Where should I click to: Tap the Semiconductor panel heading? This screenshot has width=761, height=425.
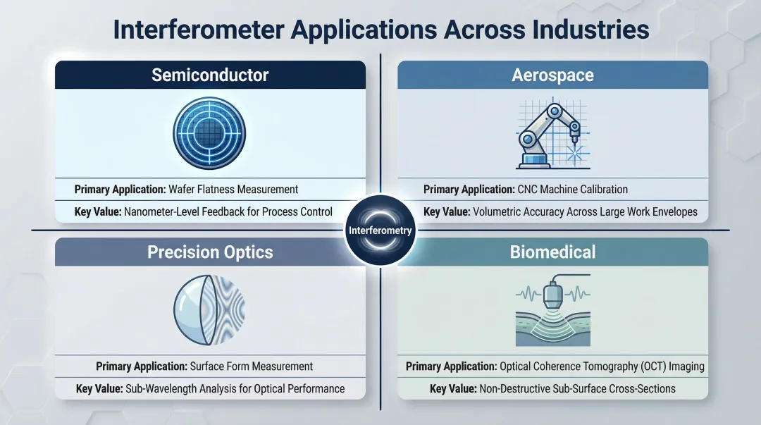coord(210,75)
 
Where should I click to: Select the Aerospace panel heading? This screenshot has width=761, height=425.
coord(552,75)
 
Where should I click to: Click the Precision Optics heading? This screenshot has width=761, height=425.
coord(210,252)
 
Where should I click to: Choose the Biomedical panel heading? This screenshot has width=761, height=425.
coord(552,252)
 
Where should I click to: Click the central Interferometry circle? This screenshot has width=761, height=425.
coord(380,230)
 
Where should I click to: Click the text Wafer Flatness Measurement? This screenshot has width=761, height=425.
coord(233,189)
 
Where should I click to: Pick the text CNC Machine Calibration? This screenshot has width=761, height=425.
coord(574,189)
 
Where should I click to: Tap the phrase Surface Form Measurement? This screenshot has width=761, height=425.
coord(252,367)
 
